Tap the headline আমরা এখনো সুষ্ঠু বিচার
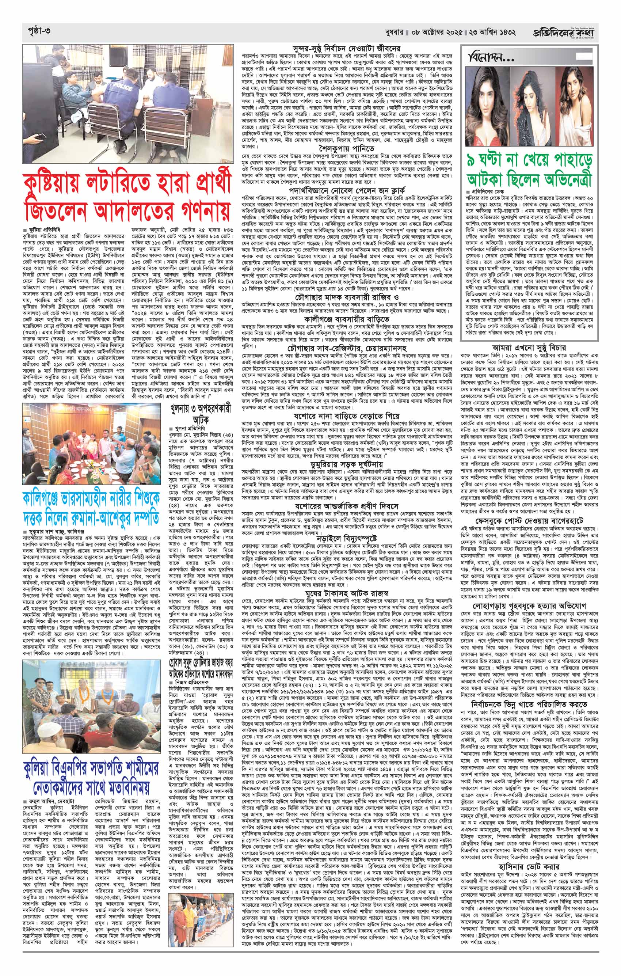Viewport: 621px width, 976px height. (529, 348)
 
